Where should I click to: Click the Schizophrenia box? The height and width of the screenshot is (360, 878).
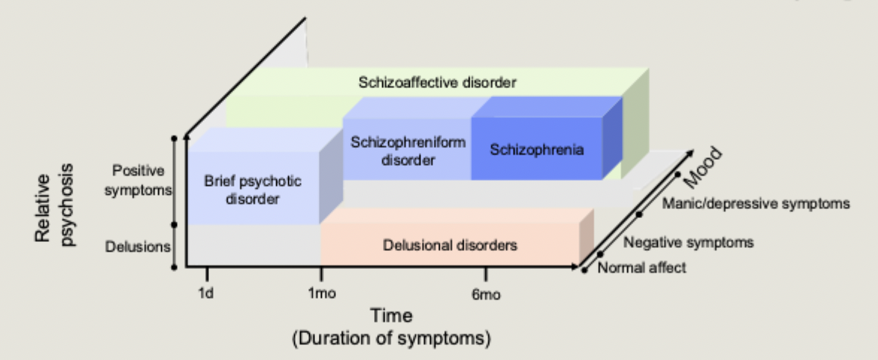point(537,149)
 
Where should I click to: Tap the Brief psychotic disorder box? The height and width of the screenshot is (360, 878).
point(253,190)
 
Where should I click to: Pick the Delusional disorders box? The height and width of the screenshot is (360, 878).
point(449,244)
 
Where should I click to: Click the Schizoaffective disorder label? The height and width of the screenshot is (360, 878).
point(436,83)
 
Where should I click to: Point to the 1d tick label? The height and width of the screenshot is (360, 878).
point(206,293)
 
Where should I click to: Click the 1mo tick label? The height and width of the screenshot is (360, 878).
point(322,293)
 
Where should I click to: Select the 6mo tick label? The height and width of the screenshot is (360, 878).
point(485,294)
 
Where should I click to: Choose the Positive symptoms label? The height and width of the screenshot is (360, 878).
point(137,181)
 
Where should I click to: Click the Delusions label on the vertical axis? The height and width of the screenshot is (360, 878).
point(138,246)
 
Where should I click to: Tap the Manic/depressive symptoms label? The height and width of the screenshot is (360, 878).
point(756,203)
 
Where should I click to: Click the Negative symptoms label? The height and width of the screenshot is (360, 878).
point(688,242)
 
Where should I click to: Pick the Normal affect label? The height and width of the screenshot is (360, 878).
point(642,268)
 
